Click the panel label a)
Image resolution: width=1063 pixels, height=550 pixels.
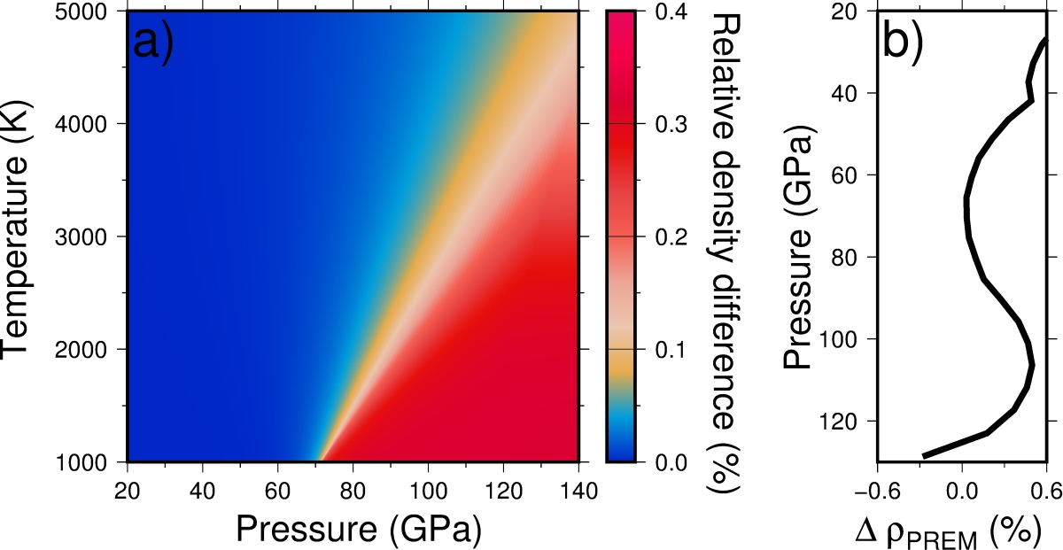pyautogui.click(x=153, y=43)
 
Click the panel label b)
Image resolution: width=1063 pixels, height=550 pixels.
pyautogui.click(x=903, y=43)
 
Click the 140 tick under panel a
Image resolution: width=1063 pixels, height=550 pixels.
pyautogui.click(x=578, y=490)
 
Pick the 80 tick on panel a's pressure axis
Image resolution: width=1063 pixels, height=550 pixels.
pyautogui.click(x=353, y=490)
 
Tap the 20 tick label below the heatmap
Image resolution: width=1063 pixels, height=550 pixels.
pyautogui.click(x=128, y=490)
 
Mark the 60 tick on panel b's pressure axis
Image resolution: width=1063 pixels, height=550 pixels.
pyautogui.click(x=853, y=175)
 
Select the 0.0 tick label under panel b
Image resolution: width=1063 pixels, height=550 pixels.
pyautogui.click(x=961, y=488)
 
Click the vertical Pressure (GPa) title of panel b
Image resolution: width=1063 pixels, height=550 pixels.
pyautogui.click(x=800, y=252)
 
